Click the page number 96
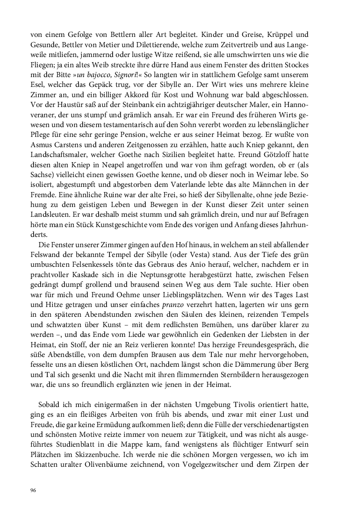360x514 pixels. click(33, 490)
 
